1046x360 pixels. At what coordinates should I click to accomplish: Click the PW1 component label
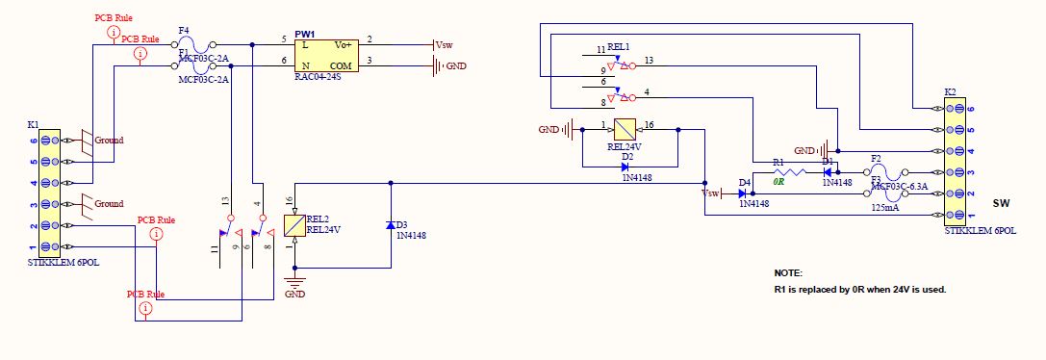pos(305,34)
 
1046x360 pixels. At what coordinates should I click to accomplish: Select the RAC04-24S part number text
pos(319,76)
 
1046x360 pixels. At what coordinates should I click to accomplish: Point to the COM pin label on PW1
pos(343,65)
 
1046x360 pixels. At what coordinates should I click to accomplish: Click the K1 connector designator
pos(34,125)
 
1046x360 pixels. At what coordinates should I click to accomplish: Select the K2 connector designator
pos(950,91)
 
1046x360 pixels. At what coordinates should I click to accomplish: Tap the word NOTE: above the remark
pos(788,273)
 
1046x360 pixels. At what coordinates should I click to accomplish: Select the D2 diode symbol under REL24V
pos(625,167)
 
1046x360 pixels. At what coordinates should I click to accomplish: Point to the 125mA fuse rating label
pos(885,207)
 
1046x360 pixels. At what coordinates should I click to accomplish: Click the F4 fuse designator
pos(184,32)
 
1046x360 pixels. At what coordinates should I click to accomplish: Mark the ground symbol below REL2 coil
pos(293,281)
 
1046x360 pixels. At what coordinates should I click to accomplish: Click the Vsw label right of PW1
pos(444,45)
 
